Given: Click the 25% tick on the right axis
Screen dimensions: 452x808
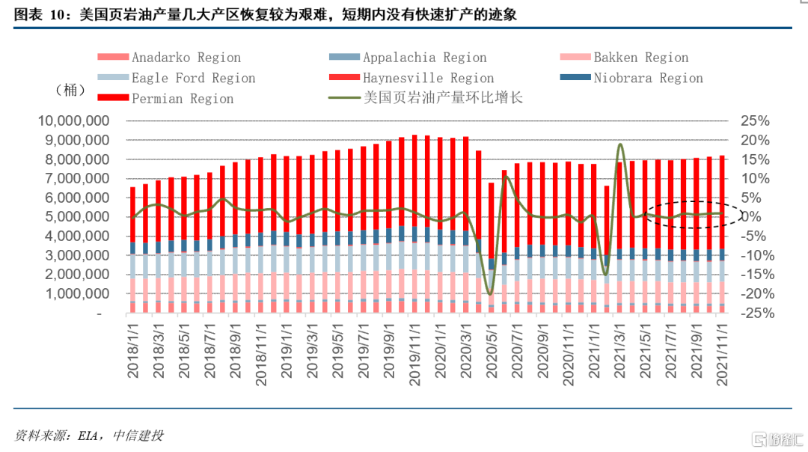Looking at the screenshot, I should tap(754, 121).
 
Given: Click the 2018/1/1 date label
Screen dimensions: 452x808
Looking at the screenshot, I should tap(133, 352).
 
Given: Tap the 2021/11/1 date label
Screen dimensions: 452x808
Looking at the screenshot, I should tap(722, 352).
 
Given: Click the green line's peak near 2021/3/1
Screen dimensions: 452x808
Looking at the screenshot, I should tap(620, 144).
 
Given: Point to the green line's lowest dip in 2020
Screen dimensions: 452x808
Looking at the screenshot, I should tap(490, 293).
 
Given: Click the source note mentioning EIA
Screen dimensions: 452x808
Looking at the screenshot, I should tap(89, 435).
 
